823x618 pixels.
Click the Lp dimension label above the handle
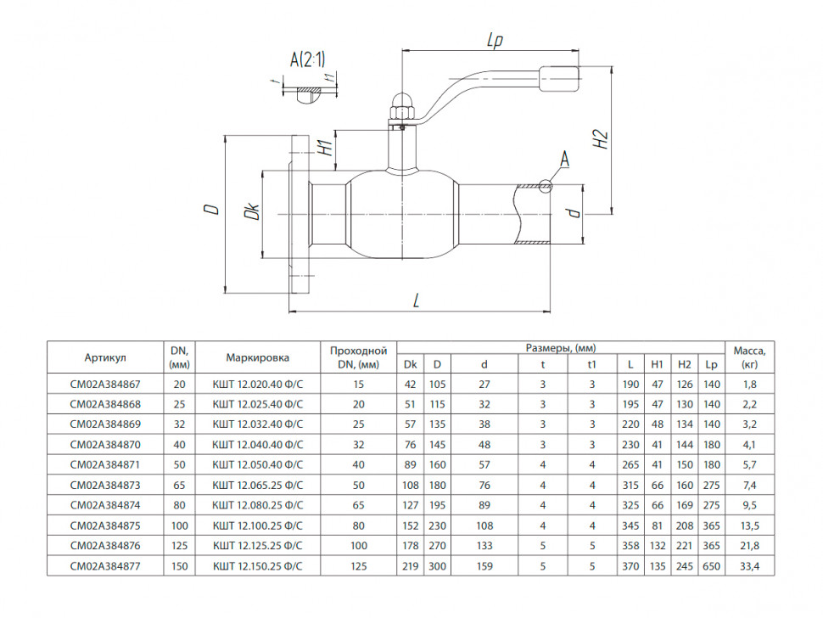coord(495,40)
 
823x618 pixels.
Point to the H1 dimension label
coord(327,148)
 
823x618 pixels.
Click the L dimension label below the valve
coord(417,301)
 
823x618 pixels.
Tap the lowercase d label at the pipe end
coord(575,212)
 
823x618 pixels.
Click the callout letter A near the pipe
coord(565,159)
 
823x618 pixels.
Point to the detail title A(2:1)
coord(308,59)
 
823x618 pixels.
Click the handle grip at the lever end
coord(559,79)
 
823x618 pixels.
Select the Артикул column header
coord(105,358)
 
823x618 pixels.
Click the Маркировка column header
coord(258,357)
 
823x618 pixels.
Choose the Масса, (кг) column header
coord(749,357)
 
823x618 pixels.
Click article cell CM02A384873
coord(105,486)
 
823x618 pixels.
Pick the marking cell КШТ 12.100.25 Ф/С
coord(258,525)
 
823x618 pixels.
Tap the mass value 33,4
coord(749,566)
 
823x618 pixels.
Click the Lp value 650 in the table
coord(712,566)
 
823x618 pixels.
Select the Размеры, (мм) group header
coord(561,347)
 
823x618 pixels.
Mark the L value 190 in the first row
coord(630,385)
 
